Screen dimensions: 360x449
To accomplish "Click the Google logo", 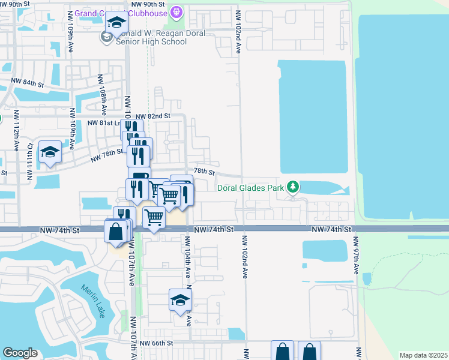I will coord(20,353).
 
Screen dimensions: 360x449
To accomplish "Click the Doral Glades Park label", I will coord(251,188).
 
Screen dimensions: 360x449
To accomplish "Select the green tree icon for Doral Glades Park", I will coord(292,188).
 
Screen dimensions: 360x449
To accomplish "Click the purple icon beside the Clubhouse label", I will coord(176,11).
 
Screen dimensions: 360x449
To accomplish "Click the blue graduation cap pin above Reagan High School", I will coord(115,23).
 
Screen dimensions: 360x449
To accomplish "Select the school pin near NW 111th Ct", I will coord(50,152).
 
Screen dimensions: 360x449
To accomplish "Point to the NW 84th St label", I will coord(28,83).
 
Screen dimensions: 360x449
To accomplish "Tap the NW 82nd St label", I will coord(153,116).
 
